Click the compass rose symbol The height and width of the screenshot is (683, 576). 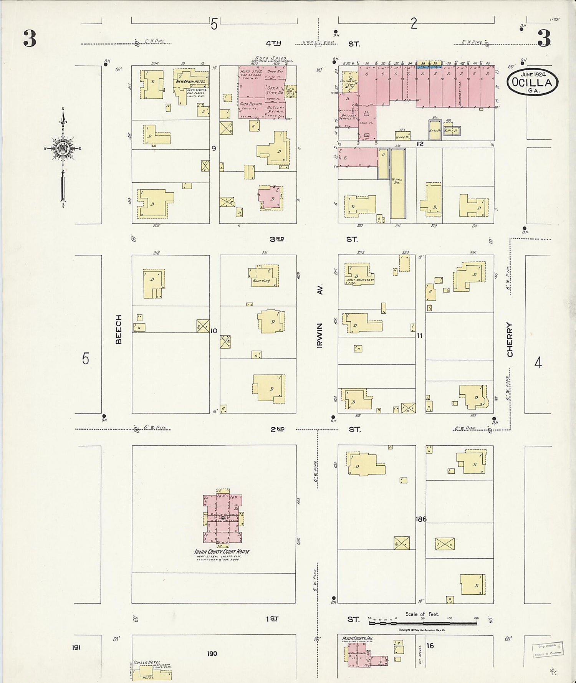point(62,148)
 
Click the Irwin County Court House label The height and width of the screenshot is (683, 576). point(222,552)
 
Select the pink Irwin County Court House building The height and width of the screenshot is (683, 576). point(223,518)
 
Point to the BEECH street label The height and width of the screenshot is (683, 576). point(119,329)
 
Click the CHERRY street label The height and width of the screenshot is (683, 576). point(510,339)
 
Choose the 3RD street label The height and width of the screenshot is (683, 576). point(276,239)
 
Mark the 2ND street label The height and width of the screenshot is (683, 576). point(278,429)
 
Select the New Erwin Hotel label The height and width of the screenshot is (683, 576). point(191,82)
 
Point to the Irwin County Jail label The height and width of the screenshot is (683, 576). point(357,638)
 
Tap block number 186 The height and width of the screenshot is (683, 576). point(421,519)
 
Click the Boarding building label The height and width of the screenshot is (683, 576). point(261,281)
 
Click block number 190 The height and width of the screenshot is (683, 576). point(212,654)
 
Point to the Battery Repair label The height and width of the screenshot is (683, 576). point(276,110)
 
